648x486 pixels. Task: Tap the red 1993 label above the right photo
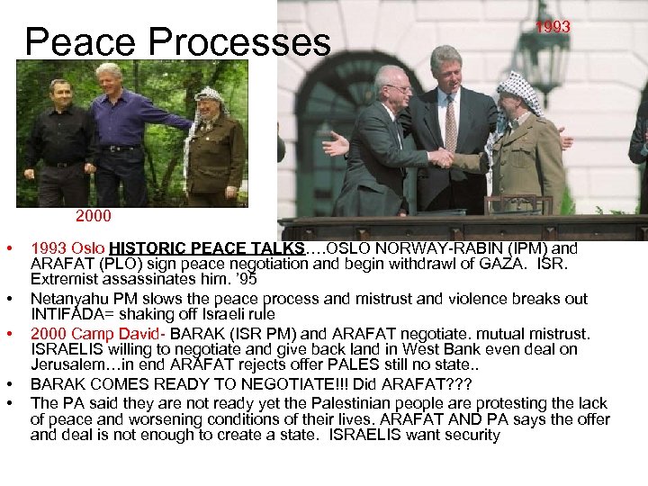pyautogui.click(x=553, y=27)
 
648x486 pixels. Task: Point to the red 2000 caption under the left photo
pyautogui.click(x=94, y=217)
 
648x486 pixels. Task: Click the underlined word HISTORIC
pyautogui.click(x=145, y=247)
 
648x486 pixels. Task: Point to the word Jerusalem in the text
pyautogui.click(x=67, y=364)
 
